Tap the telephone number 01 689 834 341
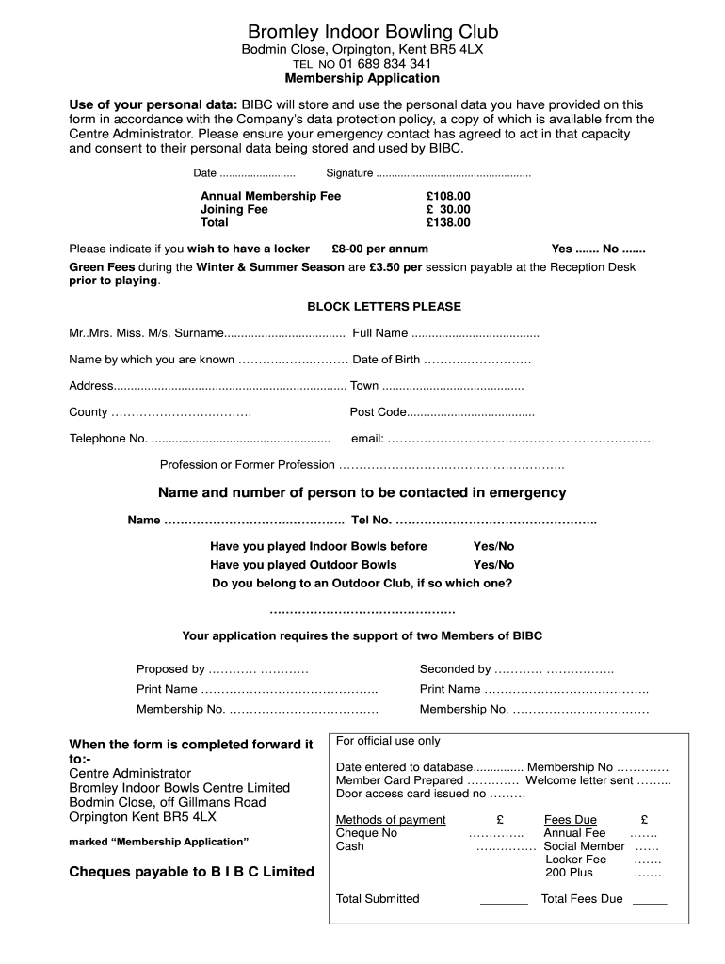(x=379, y=63)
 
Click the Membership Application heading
(x=362, y=78)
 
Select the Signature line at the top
(x=453, y=173)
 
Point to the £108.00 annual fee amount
(x=447, y=196)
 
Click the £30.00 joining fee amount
(x=447, y=209)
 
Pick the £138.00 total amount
(x=447, y=223)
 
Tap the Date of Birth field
(x=477, y=360)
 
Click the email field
(x=520, y=439)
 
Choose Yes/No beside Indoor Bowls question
(x=493, y=546)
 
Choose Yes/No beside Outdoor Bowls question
(x=493, y=565)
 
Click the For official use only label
(x=388, y=741)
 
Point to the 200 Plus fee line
(x=647, y=873)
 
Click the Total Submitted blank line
(x=504, y=901)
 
